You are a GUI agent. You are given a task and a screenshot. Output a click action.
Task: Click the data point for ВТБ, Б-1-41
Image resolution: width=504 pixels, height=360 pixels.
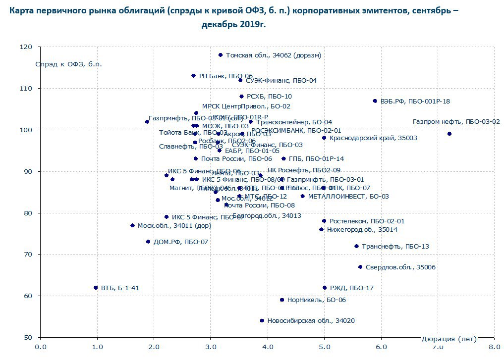pyautogui.click(x=96, y=288)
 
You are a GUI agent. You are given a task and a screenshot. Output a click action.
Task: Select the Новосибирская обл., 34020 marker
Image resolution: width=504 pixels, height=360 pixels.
pyautogui.click(x=262, y=321)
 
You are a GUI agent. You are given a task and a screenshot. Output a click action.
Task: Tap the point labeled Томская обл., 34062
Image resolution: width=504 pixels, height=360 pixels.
pyautogui.click(x=221, y=55)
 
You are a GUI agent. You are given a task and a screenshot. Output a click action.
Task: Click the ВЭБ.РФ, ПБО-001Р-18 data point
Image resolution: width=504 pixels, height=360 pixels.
pyautogui.click(x=375, y=101)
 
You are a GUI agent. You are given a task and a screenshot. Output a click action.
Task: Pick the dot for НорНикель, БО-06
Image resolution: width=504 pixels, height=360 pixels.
pyautogui.click(x=282, y=300)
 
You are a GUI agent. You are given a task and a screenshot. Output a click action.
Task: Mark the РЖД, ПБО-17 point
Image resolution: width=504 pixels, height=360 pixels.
pyautogui.click(x=325, y=288)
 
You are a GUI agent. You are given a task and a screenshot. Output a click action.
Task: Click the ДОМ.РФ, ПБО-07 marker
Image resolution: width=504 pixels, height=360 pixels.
pyautogui.click(x=148, y=242)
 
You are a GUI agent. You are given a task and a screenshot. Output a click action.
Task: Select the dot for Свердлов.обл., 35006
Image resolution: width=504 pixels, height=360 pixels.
pyautogui.click(x=360, y=267)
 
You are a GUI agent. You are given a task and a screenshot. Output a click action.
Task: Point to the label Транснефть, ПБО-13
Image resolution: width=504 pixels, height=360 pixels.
pyautogui.click(x=395, y=247)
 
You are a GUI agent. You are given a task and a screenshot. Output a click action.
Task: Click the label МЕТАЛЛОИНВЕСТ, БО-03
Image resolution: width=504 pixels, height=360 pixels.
pyautogui.click(x=348, y=197)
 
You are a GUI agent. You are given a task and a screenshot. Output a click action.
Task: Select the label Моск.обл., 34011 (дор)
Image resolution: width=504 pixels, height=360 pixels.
pyautogui.click(x=174, y=226)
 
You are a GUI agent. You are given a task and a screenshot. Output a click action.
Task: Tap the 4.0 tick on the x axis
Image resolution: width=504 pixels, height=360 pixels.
pyautogui.click(x=268, y=347)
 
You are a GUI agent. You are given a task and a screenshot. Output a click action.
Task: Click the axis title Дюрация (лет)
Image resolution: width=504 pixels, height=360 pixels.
pyautogui.click(x=448, y=339)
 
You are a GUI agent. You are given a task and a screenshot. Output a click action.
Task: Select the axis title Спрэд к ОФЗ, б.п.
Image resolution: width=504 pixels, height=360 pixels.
pyautogui.click(x=68, y=64)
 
